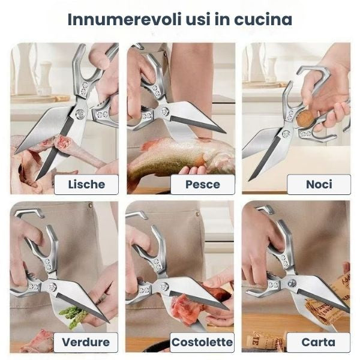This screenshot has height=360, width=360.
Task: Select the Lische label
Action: point(86,184)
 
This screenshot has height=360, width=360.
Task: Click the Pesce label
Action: point(202,184)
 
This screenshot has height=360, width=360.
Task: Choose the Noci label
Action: point(319,184)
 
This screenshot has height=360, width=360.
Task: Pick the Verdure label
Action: point(86,343)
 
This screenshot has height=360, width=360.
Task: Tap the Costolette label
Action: point(202,343)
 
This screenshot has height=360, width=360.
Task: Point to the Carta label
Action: point(319,343)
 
